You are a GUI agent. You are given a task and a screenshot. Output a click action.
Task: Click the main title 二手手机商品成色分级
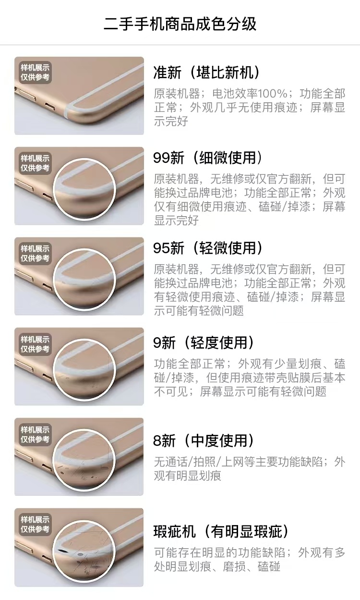[x=180, y=24]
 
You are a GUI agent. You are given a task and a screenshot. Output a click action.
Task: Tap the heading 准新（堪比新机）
[x=206, y=73]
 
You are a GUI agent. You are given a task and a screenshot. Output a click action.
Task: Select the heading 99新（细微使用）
[x=208, y=158]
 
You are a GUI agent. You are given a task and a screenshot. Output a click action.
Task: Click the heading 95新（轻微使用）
[x=208, y=248]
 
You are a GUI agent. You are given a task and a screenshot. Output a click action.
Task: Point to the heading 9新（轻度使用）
[x=204, y=343]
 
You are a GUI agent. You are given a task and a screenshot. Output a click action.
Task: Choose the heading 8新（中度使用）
[x=204, y=441]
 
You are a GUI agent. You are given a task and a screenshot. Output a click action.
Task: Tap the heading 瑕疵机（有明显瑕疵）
[x=221, y=531]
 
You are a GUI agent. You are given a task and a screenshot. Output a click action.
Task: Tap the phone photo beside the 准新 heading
[x=79, y=96]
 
